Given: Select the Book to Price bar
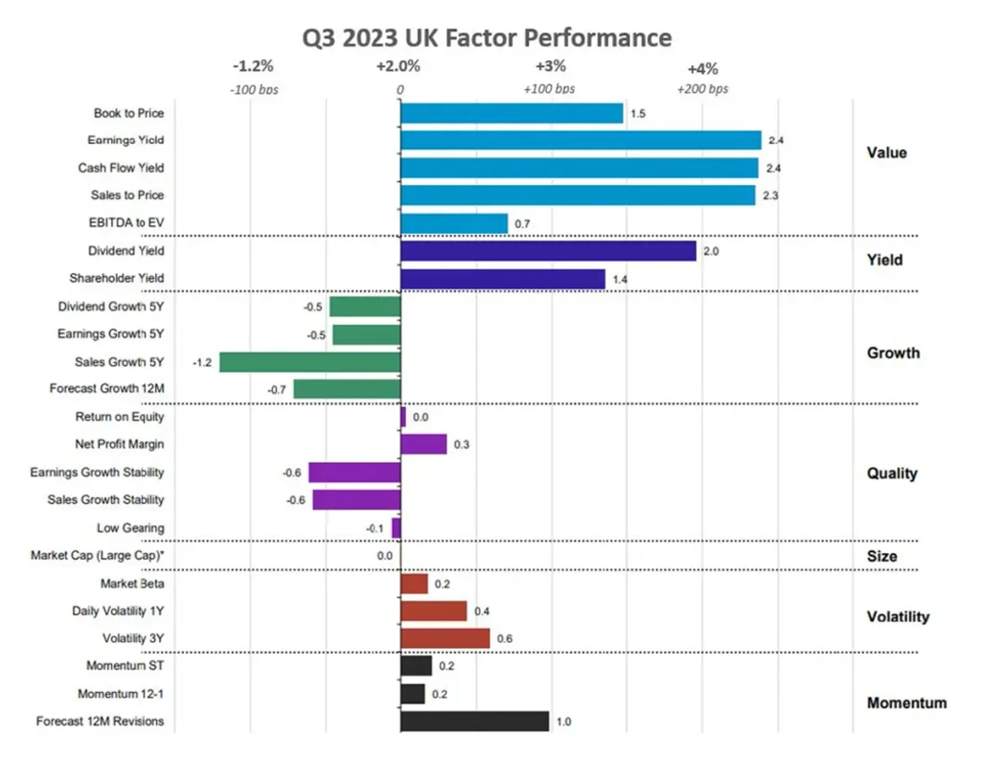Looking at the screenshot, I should tap(512, 113).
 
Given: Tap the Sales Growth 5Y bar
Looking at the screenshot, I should tap(309, 361).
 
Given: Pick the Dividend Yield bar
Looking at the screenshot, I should tap(548, 251).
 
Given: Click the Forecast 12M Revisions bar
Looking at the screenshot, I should tap(474, 721).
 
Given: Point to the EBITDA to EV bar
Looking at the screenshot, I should tap(453, 223).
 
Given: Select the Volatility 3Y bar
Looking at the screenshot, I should tap(445, 638).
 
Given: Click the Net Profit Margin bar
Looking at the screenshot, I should tap(423, 444).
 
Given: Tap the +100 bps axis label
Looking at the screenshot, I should tap(549, 89).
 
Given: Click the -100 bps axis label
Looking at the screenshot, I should tap(253, 89).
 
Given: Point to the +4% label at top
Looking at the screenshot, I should tap(702, 68).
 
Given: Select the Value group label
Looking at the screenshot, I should tap(886, 153).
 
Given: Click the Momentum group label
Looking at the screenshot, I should tap(906, 702).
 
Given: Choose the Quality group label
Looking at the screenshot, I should tap(892, 473).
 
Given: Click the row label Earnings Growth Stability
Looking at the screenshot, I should tap(97, 472).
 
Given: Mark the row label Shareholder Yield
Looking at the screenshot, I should tap(116, 279).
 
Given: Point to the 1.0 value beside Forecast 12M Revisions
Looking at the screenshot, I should tap(563, 722).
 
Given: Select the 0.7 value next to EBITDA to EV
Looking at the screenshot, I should tap(522, 224).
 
